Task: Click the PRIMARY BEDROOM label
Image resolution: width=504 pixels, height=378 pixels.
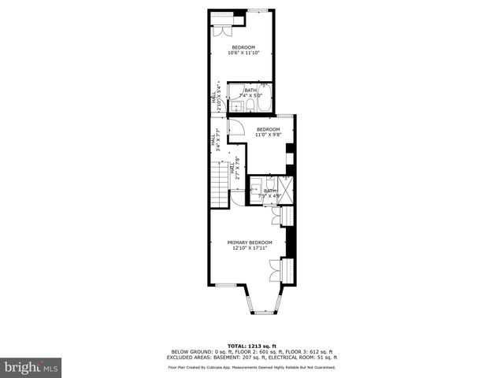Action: click(250, 242)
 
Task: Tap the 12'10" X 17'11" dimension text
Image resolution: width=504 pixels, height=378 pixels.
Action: click(250, 248)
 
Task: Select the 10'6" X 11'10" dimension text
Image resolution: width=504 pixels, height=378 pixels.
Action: click(243, 54)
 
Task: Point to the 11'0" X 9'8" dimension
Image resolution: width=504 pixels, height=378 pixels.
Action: click(268, 135)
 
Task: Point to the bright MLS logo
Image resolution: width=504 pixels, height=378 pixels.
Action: click(31, 367)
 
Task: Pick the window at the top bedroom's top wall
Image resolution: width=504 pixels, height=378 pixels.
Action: click(258, 10)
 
